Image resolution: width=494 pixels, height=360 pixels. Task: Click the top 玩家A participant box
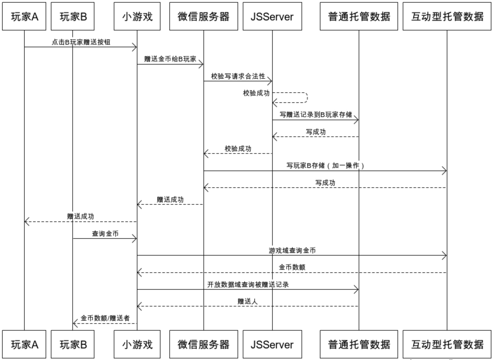click(24, 16)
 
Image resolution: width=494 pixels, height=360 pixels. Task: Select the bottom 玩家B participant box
click(73, 344)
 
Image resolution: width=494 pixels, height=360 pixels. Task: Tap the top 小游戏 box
click(137, 16)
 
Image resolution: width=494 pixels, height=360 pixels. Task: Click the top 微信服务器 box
click(203, 16)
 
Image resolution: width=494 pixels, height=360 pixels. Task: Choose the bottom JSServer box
click(272, 344)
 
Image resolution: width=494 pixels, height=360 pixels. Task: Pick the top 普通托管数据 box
click(359, 16)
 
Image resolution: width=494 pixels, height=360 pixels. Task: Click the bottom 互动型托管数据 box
click(447, 344)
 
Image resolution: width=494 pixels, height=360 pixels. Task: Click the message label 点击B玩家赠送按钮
click(81, 42)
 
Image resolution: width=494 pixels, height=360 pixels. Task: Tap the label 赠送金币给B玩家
click(170, 59)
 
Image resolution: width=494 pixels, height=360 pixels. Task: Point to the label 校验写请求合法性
click(238, 76)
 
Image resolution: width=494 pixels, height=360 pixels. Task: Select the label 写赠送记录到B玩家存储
click(316, 115)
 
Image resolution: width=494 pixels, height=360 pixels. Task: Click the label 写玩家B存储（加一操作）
click(325, 166)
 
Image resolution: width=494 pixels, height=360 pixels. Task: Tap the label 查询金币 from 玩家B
click(105, 234)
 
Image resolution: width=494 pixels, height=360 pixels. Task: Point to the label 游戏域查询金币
click(292, 250)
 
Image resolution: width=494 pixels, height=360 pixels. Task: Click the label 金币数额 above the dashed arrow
click(292, 267)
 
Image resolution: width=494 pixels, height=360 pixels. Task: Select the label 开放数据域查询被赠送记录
click(248, 284)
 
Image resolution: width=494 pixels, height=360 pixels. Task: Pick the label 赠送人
click(248, 301)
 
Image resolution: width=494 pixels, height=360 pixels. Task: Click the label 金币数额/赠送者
click(105, 318)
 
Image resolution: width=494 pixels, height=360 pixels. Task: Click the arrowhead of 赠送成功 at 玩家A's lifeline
click(26, 222)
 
